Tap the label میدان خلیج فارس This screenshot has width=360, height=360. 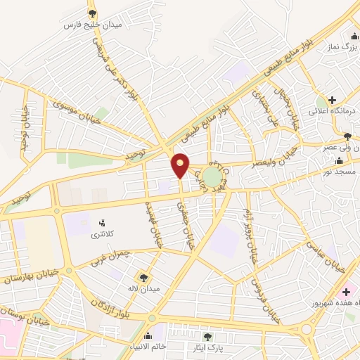[x=93, y=25]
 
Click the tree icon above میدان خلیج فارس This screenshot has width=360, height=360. [x=93, y=13]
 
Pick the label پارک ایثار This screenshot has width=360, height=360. [x=207, y=347]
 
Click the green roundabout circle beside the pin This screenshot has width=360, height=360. [x=217, y=176]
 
